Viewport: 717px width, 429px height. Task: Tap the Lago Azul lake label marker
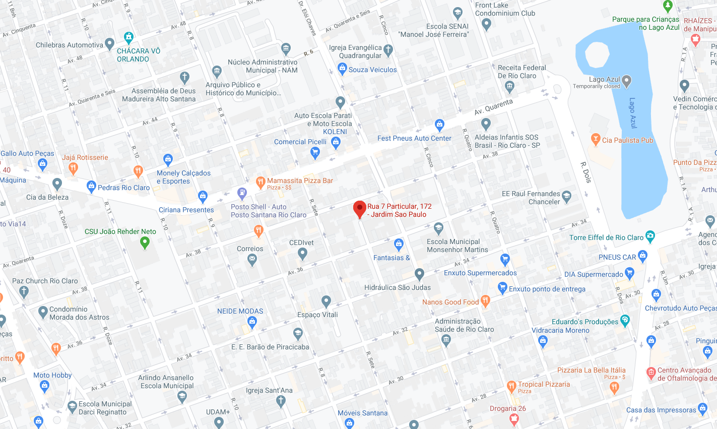click(626, 80)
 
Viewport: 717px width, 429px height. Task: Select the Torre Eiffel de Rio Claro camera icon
click(650, 236)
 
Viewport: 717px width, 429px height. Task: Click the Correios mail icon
click(252, 260)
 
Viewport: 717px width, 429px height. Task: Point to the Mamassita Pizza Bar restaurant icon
click(260, 182)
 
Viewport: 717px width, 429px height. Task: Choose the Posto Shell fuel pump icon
click(242, 193)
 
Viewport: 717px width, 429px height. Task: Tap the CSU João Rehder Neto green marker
click(145, 242)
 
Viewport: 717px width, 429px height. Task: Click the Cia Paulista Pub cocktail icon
click(596, 139)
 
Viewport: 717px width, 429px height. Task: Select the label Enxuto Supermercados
click(480, 273)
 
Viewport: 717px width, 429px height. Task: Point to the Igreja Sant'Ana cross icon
click(281, 401)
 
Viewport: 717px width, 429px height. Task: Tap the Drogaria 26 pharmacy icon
click(513, 418)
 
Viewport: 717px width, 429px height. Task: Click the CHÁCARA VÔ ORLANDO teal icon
click(128, 37)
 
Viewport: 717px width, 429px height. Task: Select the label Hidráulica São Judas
click(398, 287)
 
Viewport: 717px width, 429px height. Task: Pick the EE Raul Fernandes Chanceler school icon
click(566, 197)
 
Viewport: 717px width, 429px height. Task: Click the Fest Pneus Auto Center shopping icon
click(439, 125)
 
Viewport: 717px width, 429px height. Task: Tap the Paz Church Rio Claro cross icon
click(24, 291)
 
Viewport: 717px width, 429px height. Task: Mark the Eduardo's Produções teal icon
click(625, 320)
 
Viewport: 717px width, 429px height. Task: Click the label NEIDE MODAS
click(240, 311)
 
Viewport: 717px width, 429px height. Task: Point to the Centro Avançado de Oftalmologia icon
click(650, 373)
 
